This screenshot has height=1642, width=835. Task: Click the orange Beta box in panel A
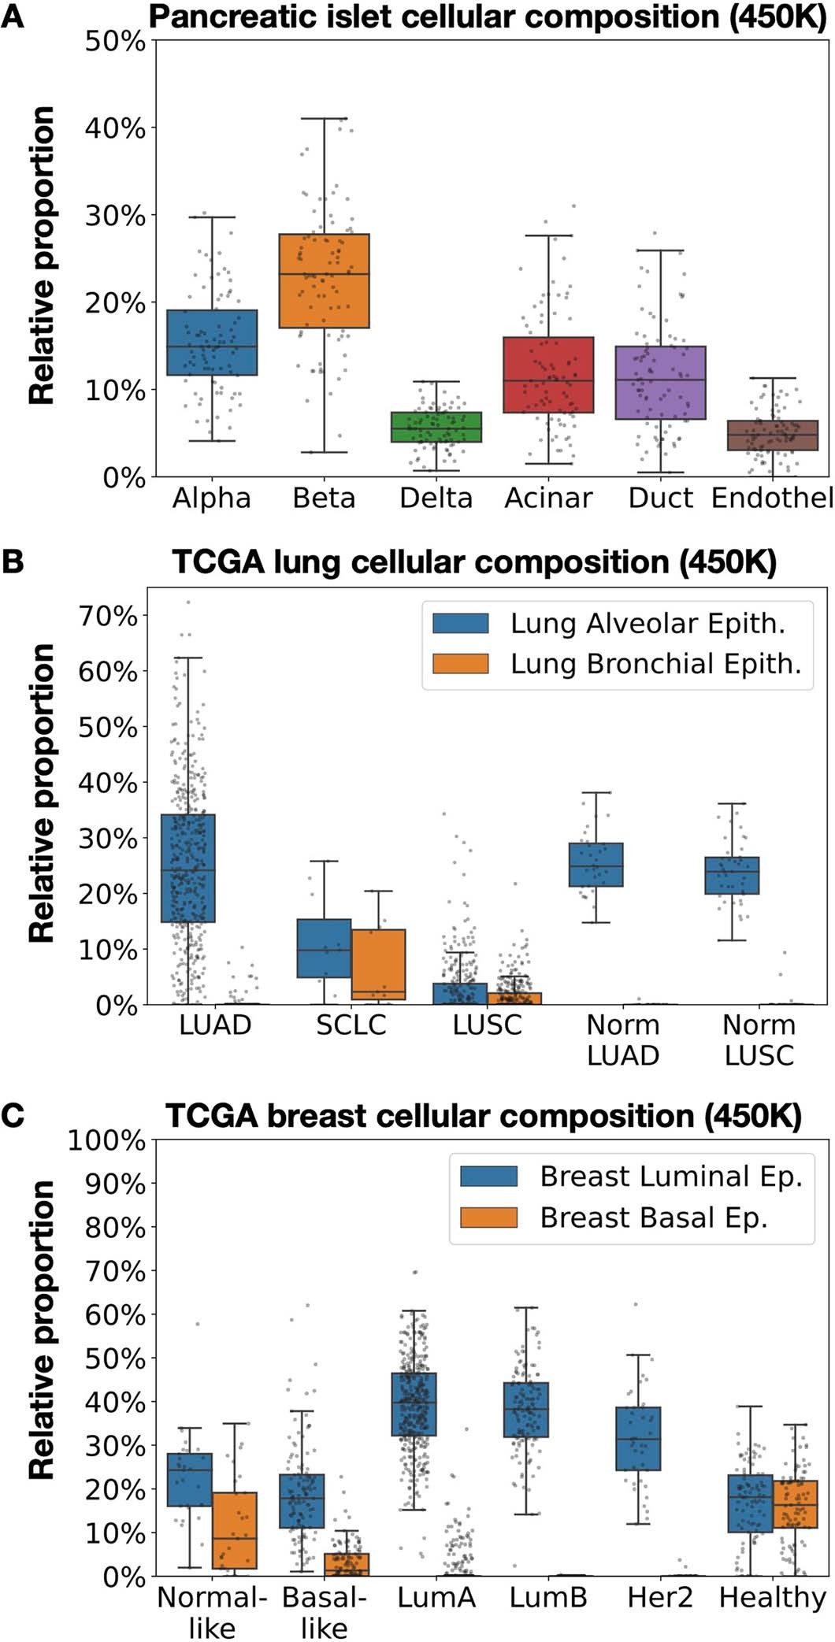325,280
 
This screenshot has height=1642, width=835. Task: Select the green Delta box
436,427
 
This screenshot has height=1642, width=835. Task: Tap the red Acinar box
549,374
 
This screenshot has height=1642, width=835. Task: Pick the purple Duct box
661,382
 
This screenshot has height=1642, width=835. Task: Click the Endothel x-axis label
771,499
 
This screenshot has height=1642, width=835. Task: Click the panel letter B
13,562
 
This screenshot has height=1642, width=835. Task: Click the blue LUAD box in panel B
188,868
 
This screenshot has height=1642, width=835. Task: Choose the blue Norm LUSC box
732,875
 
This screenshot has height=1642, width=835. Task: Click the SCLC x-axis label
351,1025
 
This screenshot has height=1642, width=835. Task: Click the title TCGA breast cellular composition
483,1117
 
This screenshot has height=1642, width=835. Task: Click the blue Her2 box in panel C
638,1438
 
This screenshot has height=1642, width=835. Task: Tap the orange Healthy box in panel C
796,1504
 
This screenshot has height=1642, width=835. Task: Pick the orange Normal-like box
235,1530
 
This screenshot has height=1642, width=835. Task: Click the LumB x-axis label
547,1598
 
